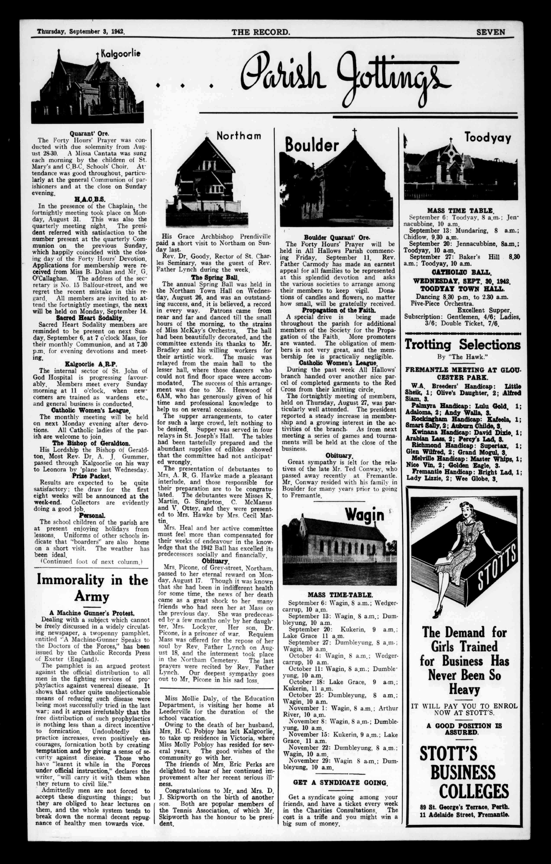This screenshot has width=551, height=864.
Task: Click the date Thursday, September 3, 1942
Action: tap(81, 32)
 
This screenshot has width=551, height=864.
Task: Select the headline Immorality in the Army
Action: tap(92, 588)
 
